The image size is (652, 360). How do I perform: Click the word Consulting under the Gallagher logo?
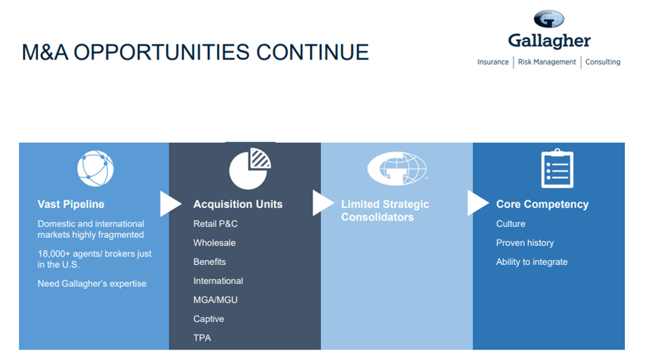tap(603, 62)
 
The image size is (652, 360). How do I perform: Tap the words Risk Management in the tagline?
tap(547, 62)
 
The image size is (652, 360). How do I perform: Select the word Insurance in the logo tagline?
tap(493, 62)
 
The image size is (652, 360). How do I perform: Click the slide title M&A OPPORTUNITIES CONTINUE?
tap(195, 52)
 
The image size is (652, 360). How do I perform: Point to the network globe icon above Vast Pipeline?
tap(95, 169)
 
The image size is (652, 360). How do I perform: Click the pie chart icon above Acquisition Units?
tap(250, 169)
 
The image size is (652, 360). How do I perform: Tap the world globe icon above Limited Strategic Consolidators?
tap(397, 169)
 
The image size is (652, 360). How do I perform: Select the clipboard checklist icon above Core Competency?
tap(557, 169)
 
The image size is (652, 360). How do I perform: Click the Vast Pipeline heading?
tap(71, 204)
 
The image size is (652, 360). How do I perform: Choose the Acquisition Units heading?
tap(238, 204)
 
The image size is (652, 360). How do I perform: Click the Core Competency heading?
tap(542, 204)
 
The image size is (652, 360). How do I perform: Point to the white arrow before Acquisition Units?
tap(170, 203)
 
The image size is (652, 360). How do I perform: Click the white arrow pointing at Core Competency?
tap(477, 203)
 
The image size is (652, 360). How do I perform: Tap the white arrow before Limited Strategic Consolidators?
tap(323, 203)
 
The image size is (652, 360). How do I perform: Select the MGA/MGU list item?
tap(215, 300)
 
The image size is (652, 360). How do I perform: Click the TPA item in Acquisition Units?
tap(202, 338)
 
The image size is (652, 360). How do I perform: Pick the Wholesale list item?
tap(214, 243)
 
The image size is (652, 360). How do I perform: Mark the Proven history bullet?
tap(524, 243)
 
